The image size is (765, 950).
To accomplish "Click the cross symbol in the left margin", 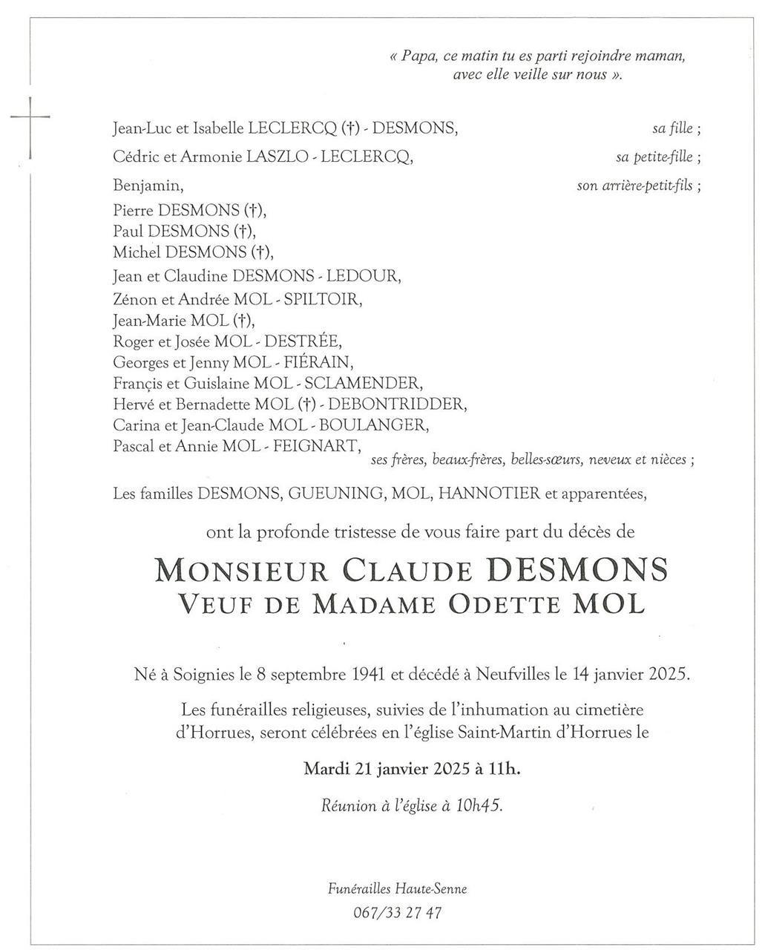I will coord(30,117).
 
